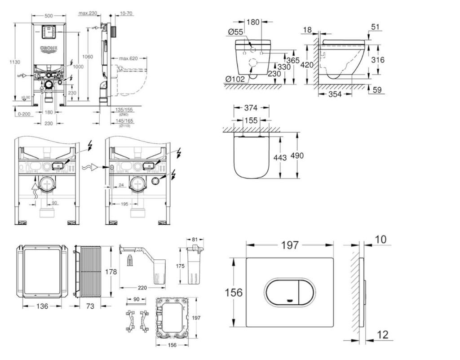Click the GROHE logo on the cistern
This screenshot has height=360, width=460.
(49, 48)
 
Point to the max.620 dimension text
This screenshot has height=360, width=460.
(128, 58)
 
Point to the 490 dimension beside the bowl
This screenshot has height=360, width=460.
(297, 156)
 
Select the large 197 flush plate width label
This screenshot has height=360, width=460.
(290, 245)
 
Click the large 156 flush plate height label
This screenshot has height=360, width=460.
(234, 293)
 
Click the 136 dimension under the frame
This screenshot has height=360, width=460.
(42, 306)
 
